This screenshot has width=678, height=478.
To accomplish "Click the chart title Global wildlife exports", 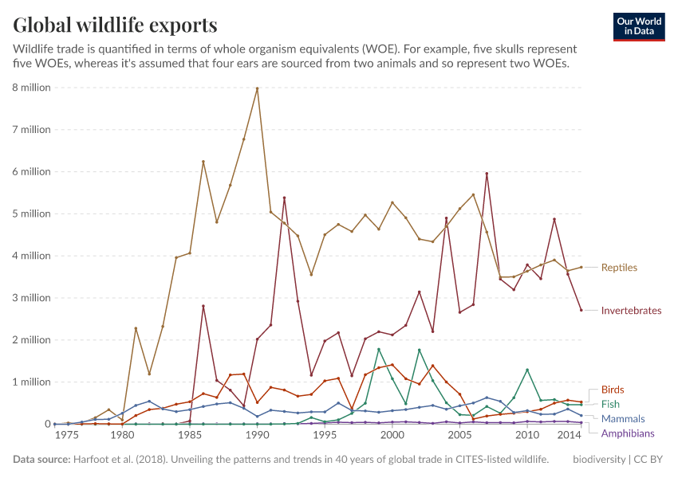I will (115, 25).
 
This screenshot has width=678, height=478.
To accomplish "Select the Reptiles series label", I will (619, 268).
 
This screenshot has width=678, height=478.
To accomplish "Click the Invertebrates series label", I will (631, 311).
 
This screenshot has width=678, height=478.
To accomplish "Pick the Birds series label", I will (613, 390).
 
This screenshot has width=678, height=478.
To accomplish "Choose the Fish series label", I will (610, 404).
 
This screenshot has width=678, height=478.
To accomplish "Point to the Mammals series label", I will (623, 418).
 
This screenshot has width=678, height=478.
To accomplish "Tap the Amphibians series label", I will (628, 433).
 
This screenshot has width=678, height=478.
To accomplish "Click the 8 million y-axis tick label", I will (31, 88).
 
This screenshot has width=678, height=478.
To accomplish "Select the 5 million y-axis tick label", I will (31, 214).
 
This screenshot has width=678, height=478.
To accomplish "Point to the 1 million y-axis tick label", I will (31, 382).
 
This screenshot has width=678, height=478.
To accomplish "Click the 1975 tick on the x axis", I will (67, 436).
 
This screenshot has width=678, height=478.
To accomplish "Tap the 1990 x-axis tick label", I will (257, 436).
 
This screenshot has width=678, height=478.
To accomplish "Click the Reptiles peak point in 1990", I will (257, 88).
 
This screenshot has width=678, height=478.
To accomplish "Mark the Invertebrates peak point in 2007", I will (487, 174).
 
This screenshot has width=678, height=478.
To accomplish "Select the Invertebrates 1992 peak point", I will (284, 198).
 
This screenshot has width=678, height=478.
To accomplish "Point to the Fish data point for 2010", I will (527, 370).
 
